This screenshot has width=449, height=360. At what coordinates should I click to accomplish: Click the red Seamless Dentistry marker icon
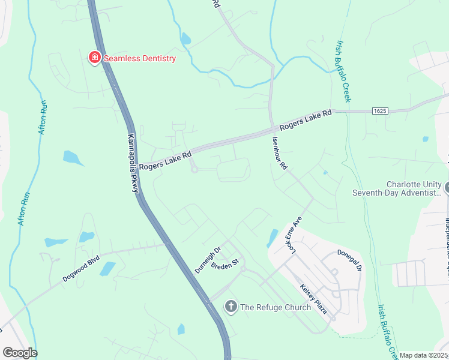pos(94,58)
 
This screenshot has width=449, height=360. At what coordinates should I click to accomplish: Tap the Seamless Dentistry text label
pos(139,58)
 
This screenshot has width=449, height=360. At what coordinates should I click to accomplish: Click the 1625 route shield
pos(379,111)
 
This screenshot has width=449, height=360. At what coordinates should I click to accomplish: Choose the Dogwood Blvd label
pos(80,271)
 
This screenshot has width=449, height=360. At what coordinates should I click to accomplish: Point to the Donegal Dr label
pos(349,261)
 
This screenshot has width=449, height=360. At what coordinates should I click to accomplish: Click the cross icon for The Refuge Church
pos(231,307)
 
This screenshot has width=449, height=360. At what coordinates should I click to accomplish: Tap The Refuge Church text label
pos(276,307)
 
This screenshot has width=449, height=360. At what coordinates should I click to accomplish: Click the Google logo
pos(20,352)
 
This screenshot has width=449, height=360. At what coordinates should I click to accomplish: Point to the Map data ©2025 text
pos(423,355)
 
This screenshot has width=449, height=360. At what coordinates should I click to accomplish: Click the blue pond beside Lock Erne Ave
pos(272,238)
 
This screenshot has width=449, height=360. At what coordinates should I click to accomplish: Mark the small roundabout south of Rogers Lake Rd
pos(194,170)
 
